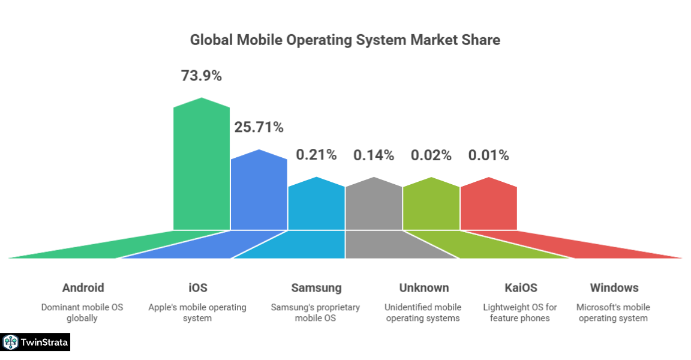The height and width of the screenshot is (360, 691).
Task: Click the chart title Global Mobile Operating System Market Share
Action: (x=345, y=40)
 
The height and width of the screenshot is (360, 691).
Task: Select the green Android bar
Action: (x=202, y=168)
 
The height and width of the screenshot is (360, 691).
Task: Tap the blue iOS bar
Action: (x=259, y=192)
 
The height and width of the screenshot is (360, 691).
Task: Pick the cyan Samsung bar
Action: (x=317, y=207)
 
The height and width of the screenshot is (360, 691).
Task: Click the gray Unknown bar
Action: (x=374, y=207)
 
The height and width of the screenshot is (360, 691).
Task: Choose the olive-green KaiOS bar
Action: (x=431, y=207)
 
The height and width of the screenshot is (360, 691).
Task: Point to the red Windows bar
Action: (x=489, y=207)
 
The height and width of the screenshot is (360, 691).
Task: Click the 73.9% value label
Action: (x=202, y=76)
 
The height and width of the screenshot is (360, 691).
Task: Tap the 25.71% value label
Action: (x=259, y=127)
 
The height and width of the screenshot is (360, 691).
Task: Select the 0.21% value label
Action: (x=317, y=155)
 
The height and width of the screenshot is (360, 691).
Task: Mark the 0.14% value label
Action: (x=374, y=155)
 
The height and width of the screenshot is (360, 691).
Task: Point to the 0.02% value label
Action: (x=431, y=155)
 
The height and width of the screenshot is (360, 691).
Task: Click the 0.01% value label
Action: (x=489, y=155)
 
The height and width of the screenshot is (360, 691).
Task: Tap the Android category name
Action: (x=83, y=288)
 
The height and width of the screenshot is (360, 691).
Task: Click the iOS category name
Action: (x=197, y=288)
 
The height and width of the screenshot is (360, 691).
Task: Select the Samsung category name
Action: (x=316, y=288)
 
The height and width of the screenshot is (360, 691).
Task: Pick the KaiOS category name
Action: (x=521, y=288)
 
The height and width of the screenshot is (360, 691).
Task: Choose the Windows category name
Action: (x=614, y=288)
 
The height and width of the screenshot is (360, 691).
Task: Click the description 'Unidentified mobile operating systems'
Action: (x=423, y=313)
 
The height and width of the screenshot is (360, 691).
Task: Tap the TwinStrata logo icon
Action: (x=10, y=343)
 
